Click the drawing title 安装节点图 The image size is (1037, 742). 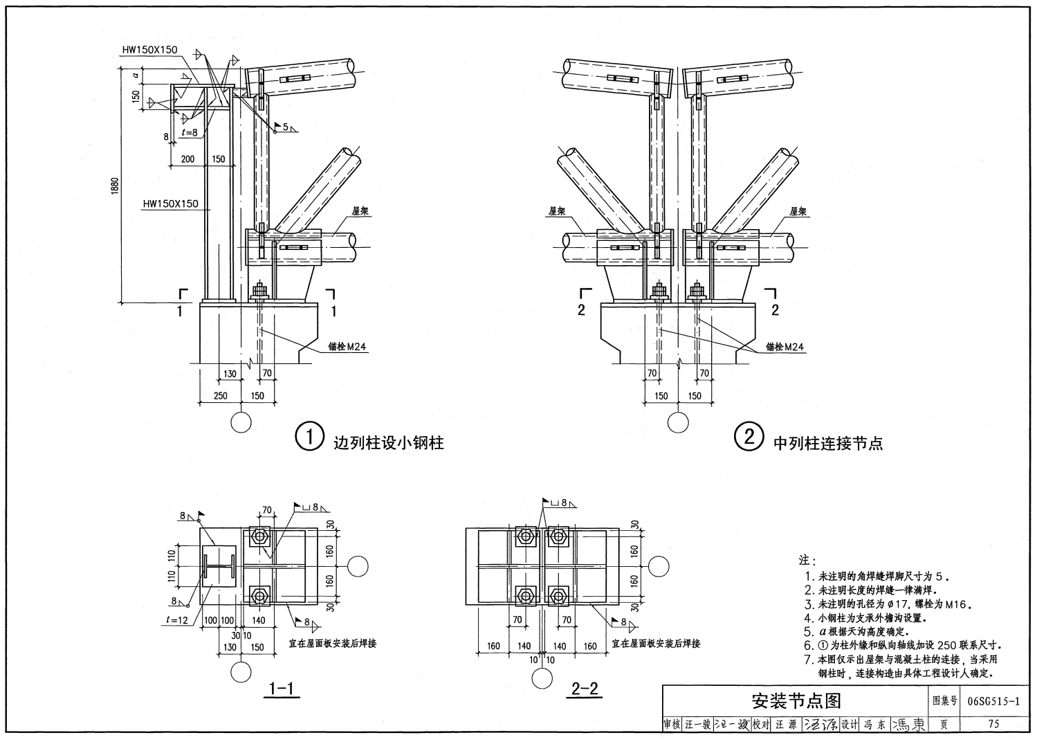coord(796,701)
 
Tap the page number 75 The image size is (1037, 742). coord(993,725)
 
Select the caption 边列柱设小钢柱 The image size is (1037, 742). coord(388,442)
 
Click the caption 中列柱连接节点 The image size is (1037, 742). coord(828,442)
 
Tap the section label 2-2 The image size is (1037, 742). coord(585,689)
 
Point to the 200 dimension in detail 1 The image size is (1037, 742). coord(187,159)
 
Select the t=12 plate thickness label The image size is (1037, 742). coord(178,620)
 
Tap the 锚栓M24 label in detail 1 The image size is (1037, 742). coord(347,347)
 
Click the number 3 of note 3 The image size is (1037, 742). coord(808,604)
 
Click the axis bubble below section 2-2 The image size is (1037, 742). coord(542,679)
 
